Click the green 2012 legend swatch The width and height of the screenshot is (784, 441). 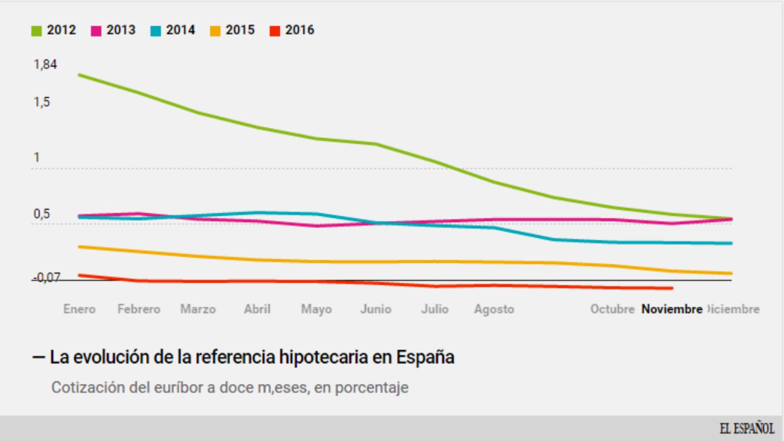[x=36, y=31]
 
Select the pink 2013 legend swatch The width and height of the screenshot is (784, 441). [x=96, y=31]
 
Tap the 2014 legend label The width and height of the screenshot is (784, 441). [x=180, y=30]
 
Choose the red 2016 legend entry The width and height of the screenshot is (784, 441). [x=292, y=30]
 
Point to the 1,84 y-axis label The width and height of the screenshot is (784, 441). [x=45, y=64]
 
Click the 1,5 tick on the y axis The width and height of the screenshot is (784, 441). [x=41, y=102]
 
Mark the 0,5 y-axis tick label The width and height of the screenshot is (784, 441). [x=41, y=214]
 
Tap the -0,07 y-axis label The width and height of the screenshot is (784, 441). [x=46, y=277]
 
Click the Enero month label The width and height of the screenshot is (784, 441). [x=79, y=309]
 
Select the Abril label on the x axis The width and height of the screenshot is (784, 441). [x=257, y=309]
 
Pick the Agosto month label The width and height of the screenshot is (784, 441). [x=494, y=309]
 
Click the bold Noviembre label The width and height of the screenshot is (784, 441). [x=672, y=309]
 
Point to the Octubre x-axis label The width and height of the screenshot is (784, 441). [x=612, y=309]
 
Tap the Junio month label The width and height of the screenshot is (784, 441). [x=375, y=309]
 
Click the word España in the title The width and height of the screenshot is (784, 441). [x=425, y=357]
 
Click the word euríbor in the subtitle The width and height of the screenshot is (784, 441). [x=178, y=387]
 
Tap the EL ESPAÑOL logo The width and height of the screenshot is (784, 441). [x=747, y=429]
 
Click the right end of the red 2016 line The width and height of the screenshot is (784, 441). [x=672, y=288]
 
